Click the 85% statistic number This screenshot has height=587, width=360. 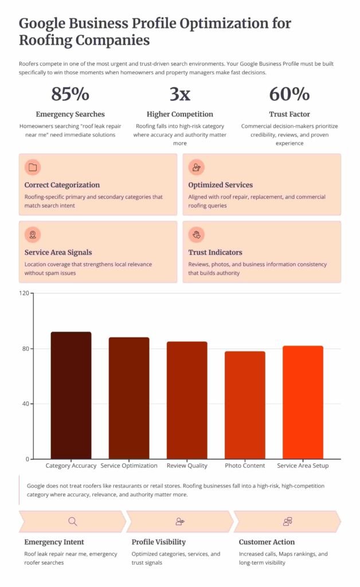[x=71, y=93]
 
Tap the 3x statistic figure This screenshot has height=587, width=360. [x=179, y=93]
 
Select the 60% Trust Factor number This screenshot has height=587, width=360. [x=289, y=93]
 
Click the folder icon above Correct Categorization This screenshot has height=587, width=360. [x=33, y=167]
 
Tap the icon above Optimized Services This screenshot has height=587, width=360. [x=197, y=167]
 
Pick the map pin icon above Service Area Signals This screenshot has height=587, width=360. [x=33, y=234]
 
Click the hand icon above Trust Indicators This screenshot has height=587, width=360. [x=197, y=234]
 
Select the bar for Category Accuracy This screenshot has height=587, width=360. [x=71, y=395]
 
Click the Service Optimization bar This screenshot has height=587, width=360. [x=129, y=398]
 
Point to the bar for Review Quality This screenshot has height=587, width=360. [x=187, y=400]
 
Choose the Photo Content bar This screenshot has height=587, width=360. [x=245, y=405]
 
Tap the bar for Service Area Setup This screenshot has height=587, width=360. [x=303, y=402]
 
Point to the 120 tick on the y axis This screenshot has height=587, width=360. [x=24, y=293]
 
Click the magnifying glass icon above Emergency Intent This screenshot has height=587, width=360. [x=73, y=521]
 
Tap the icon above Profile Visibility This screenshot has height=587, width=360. [x=179, y=521]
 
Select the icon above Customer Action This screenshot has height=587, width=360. [x=287, y=521]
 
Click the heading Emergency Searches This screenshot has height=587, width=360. [x=71, y=114]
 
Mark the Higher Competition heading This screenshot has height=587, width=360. [x=179, y=114]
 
